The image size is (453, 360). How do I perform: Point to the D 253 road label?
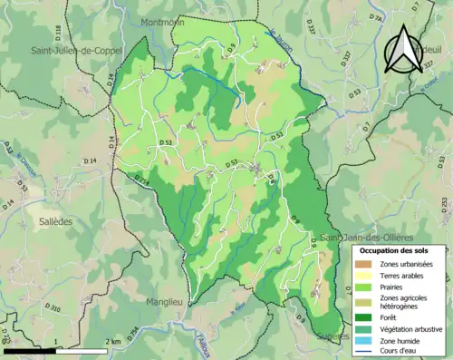[x=443, y=205]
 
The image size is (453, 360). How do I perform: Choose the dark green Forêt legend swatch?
[x=370, y=316]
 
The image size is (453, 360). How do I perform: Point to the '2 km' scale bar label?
[x=113, y=341]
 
